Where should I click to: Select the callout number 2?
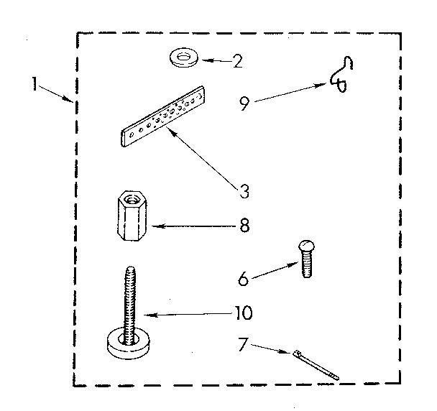(x=237, y=60)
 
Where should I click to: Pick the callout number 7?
(x=244, y=346)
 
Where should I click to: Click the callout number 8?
(x=244, y=225)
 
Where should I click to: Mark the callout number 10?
(x=243, y=313)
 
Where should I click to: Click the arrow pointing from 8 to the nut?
(x=190, y=226)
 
